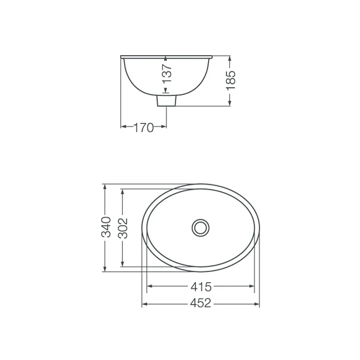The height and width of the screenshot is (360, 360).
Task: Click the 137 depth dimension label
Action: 167,73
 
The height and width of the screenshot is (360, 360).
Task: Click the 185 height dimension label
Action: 230,80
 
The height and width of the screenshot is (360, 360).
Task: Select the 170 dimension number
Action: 143,128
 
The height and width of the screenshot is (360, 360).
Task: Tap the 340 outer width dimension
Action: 106,227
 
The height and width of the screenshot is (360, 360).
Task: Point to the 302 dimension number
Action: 123,228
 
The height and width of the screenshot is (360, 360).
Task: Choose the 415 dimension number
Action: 201,287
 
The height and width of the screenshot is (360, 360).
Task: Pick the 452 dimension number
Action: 200,303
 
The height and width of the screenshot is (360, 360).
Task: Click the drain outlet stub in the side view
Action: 166,101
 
